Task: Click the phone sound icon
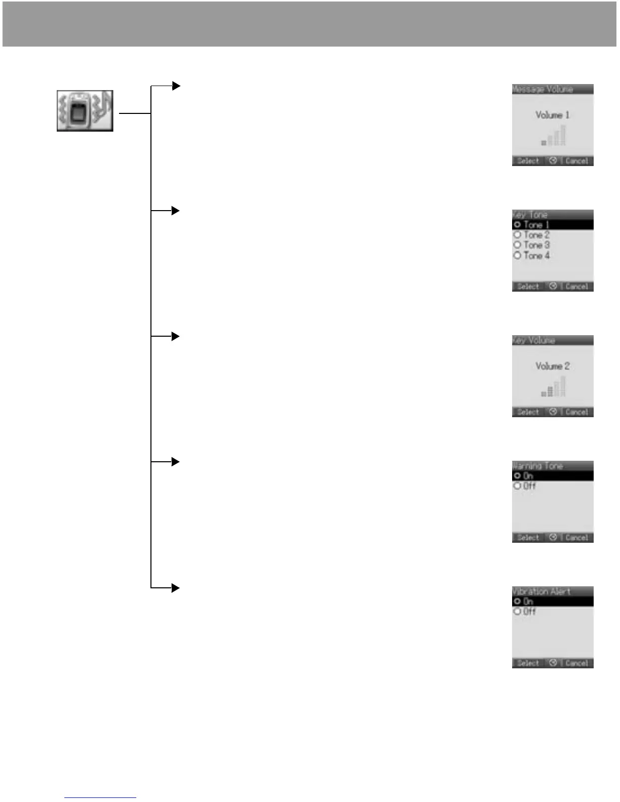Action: coord(85,111)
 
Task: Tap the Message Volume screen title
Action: coord(542,90)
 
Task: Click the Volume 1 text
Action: coord(552,115)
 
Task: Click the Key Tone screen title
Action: coord(530,215)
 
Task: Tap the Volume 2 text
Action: coord(552,366)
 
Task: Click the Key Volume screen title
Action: coord(533,340)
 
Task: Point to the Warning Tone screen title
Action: coord(537,466)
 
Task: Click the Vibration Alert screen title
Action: coord(541,591)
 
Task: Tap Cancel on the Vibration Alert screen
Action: coord(576,663)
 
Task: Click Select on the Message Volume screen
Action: coord(528,161)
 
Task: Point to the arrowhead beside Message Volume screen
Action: coord(176,86)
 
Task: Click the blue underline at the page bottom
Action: coord(100,798)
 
